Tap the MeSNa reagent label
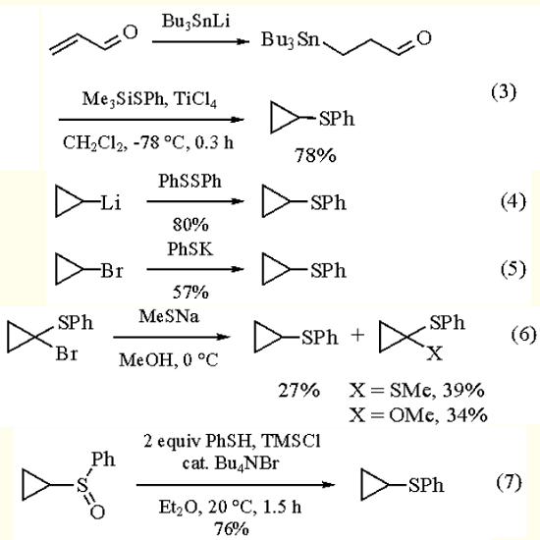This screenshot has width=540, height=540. pos(166,313)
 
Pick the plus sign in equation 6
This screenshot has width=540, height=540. pos(358,336)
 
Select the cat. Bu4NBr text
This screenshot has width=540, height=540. pos(231,459)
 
